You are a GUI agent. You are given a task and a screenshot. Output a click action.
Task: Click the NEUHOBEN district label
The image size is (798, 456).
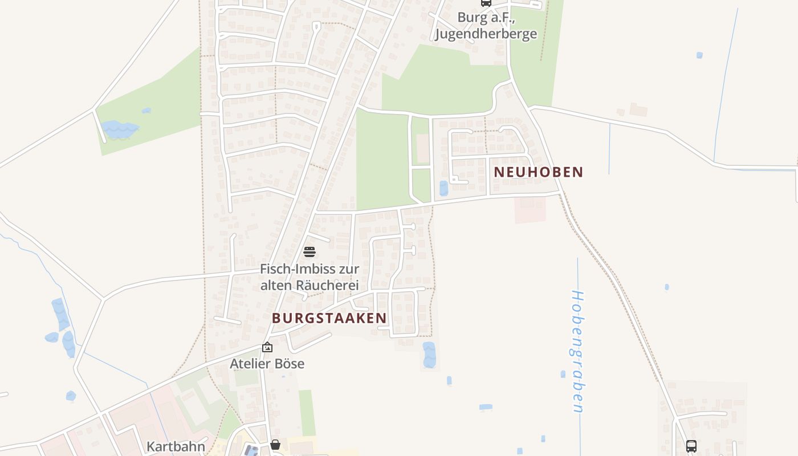coord(538,172)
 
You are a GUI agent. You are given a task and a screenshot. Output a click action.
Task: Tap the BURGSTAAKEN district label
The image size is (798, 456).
coord(329,318)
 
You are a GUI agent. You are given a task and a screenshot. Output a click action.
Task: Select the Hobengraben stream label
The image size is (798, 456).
coord(578,352)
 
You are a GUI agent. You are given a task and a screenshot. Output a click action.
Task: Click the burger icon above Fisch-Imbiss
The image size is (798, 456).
coord(310,251)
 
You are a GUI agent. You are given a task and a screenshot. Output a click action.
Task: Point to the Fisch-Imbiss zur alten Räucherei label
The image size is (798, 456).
coord(310,276)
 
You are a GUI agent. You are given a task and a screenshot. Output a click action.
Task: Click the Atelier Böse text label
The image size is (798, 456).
coord(267,364)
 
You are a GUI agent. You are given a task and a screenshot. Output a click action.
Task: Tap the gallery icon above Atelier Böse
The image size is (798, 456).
coord(267,347)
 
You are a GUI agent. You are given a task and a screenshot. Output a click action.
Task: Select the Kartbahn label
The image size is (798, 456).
coord(176,446)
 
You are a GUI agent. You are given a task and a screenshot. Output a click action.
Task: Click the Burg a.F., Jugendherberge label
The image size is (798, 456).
coord(486,26)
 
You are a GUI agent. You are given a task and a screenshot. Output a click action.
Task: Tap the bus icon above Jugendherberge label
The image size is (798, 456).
coord(486,3)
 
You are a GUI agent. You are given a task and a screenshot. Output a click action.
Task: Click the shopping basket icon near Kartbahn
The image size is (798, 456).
coord(275,445)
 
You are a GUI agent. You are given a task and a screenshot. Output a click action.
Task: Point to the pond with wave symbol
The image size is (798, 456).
coord(119,130)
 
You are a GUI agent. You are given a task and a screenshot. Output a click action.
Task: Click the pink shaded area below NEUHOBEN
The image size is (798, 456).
coord(530,210)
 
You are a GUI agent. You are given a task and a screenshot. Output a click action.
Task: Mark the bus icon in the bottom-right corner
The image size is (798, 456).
coord(691,446)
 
